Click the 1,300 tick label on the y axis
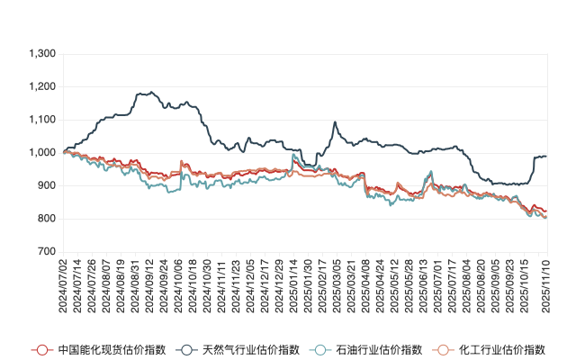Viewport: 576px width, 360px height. coord(41,54)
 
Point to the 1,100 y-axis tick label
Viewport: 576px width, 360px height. coord(41,120)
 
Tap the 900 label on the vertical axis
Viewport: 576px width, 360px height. coord(47,185)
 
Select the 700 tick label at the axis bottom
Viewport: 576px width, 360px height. coord(47,252)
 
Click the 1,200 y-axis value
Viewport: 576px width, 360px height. coord(41,87)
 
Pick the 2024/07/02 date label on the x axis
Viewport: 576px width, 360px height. coord(63,283)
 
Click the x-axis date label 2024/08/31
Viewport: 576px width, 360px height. coord(136,283)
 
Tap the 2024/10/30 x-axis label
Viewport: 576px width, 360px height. coord(209,283)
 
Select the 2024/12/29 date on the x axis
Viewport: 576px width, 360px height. coord(282,283)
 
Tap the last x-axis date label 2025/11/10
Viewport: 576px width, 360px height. coord(544,283)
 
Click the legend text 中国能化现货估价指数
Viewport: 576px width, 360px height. coord(99,348)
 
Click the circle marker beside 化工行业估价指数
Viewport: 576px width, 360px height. coord(442,348)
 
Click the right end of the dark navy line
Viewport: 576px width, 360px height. coord(545,157)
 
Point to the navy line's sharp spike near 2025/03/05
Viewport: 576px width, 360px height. coord(336,122)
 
